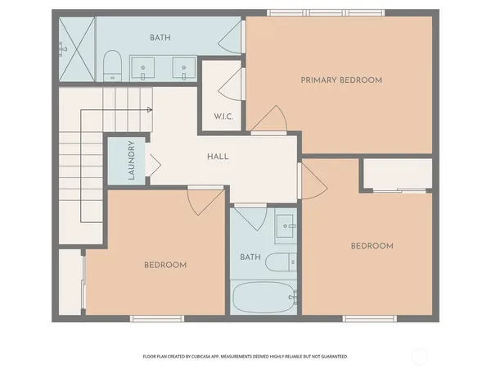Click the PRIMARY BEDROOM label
coord(341,80)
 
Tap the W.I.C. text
coord(223,116)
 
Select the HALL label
coord(217,156)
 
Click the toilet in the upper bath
coord(112,66)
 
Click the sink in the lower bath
coord(286,225)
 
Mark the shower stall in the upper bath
coord(77,48)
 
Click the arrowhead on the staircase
coord(150,109)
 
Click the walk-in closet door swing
coord(231,82)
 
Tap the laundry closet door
coord(152,164)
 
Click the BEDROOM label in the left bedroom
coord(165,265)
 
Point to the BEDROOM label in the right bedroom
coord(372,246)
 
